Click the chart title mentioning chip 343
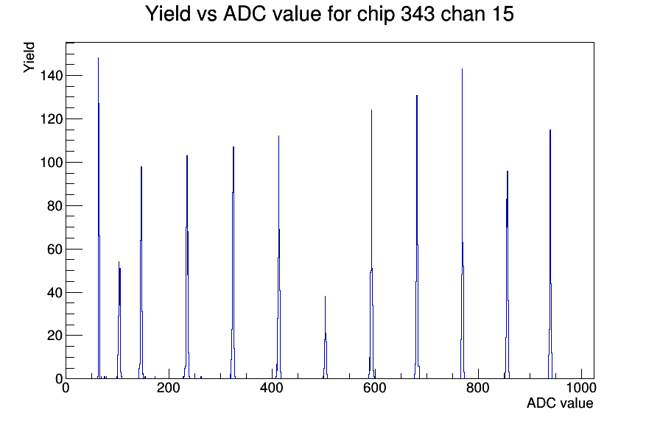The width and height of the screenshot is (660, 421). click(x=329, y=14)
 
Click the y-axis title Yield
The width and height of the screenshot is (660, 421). click(x=29, y=57)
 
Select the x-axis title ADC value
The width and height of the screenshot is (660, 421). click(x=560, y=403)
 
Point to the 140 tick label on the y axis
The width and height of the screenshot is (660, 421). click(x=52, y=76)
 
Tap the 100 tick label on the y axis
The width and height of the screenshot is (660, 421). click(x=52, y=163)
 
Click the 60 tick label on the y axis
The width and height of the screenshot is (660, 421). click(x=55, y=249)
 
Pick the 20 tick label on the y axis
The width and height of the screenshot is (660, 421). click(x=55, y=336)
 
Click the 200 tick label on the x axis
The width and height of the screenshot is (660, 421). click(x=169, y=387)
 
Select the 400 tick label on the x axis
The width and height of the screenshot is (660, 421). click(x=272, y=387)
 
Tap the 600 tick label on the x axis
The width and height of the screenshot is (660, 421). click(x=375, y=387)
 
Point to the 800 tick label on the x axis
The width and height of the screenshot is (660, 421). click(x=478, y=387)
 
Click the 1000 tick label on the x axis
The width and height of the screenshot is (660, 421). click(x=581, y=387)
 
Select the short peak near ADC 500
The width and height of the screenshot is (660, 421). click(x=326, y=337)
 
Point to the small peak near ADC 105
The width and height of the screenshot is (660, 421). click(x=119, y=320)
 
